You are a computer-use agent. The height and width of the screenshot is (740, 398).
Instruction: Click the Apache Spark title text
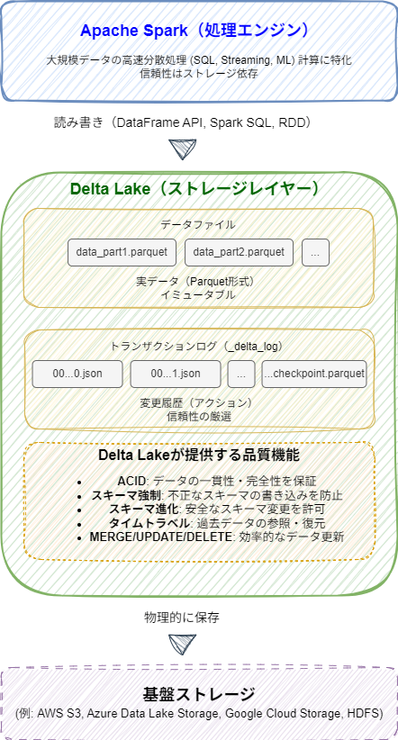[x=199, y=31]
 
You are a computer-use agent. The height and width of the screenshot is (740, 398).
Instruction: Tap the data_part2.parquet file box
[x=238, y=252]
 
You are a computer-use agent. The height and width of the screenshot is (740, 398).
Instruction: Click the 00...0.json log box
[x=77, y=374]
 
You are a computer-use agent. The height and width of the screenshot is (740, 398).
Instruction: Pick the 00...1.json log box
[x=176, y=374]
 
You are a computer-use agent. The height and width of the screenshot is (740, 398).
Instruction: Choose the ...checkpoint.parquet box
[x=314, y=374]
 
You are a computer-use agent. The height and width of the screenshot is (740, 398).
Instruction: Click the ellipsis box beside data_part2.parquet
[x=315, y=252]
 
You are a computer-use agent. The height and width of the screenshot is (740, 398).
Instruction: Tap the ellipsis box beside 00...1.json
[x=241, y=374]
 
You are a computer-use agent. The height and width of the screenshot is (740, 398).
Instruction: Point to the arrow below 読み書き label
[x=182, y=149]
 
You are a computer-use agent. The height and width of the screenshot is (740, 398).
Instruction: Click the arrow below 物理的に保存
[x=182, y=645]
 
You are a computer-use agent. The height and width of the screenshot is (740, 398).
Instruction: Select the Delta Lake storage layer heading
[x=194, y=189]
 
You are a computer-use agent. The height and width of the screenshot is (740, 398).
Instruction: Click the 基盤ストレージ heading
[x=199, y=694]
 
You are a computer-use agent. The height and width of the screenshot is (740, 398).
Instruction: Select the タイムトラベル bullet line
[x=225, y=522]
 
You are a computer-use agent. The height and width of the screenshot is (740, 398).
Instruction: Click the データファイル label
[x=198, y=224]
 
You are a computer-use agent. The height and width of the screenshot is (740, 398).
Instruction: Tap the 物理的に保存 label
[x=182, y=618]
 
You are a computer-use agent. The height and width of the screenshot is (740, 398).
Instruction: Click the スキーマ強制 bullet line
[x=217, y=495]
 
